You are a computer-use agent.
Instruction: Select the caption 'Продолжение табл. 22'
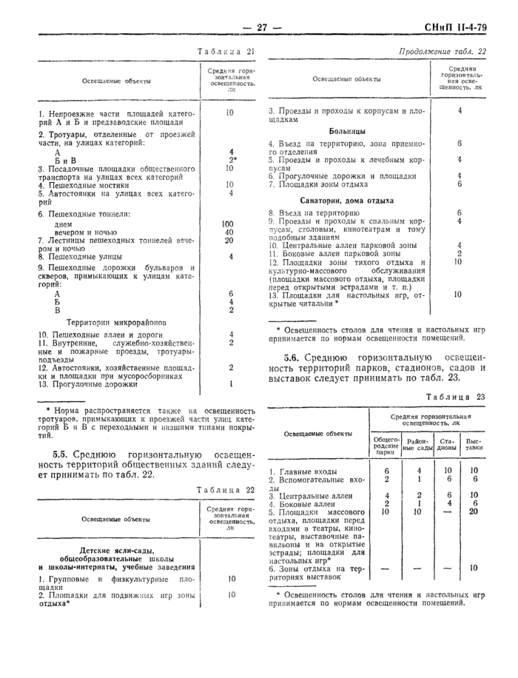[x=442, y=52]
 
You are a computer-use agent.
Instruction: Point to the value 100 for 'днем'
[x=228, y=223]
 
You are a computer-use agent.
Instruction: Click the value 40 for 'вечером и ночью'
[x=229, y=232]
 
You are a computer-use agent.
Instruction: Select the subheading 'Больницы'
[x=347, y=130]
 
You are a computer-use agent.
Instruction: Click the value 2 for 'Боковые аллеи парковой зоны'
[x=460, y=253]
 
